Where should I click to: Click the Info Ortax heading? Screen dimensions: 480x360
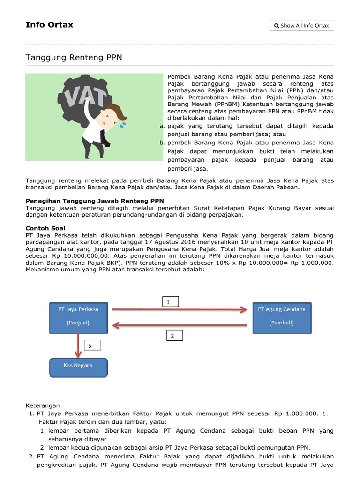tap(49, 25)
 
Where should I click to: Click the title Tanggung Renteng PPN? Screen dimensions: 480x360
tap(74, 57)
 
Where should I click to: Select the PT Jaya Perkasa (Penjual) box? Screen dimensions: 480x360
tap(78, 316)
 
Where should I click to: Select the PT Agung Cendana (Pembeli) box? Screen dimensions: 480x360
tap(281, 316)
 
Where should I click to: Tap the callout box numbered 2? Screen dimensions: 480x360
tap(173, 335)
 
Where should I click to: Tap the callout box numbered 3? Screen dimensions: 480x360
tap(91, 346)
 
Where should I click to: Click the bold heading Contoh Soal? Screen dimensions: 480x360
tap(45, 228)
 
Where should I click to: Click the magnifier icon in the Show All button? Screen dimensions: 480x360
tap(277, 26)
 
